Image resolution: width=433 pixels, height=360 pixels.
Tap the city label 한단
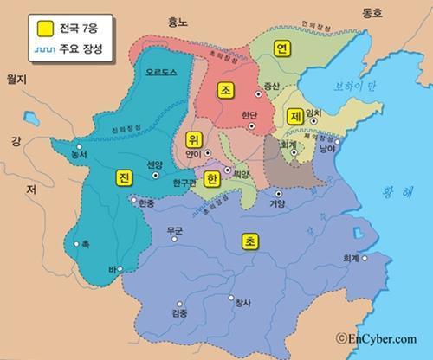coord(249,114)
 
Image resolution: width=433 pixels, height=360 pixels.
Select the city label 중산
coord(272,87)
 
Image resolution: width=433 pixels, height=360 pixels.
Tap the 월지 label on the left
coord(18,80)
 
